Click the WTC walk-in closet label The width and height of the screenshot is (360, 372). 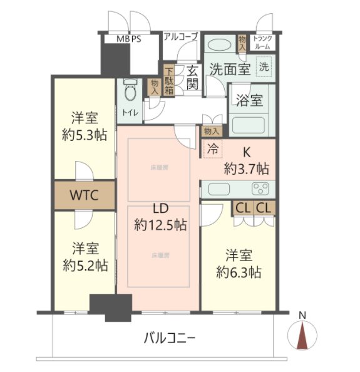(84, 195)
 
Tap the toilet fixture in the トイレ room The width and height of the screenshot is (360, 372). (130, 92)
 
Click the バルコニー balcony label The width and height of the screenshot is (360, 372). (170, 339)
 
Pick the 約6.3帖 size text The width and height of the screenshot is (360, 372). (239, 272)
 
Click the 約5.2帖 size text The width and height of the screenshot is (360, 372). (84, 265)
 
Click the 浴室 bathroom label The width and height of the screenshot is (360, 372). (249, 100)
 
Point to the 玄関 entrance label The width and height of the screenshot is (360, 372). (192, 77)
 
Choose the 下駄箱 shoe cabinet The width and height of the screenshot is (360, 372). (170, 80)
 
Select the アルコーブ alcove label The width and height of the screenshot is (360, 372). (181, 37)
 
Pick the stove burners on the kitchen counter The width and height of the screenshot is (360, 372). (260, 189)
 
